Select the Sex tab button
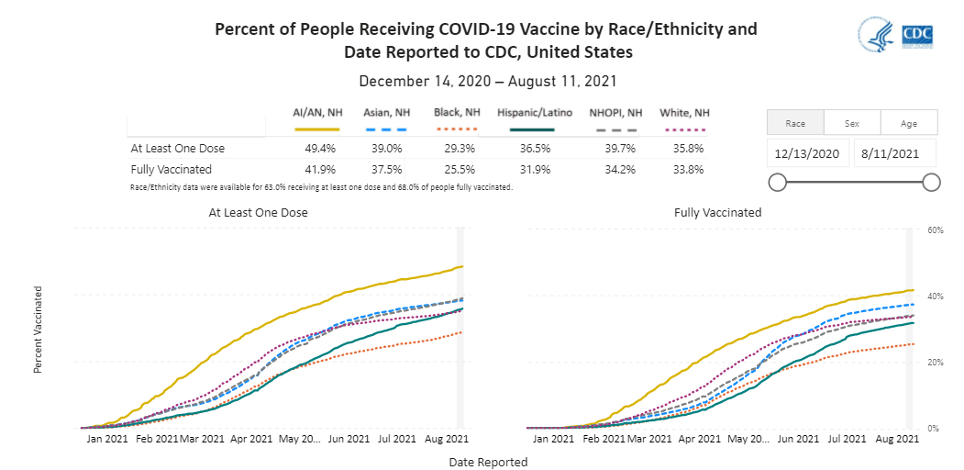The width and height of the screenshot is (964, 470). [852, 122]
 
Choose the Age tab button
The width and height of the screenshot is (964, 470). [909, 122]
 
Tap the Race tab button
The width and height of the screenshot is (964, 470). [795, 122]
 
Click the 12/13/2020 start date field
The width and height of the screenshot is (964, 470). [808, 152]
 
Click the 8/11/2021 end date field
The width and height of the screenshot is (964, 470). [894, 152]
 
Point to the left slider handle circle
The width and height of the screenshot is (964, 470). [777, 182]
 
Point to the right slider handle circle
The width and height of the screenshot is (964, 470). [931, 182]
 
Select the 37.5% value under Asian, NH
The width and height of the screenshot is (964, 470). [386, 169]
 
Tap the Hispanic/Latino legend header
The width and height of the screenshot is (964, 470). [535, 113]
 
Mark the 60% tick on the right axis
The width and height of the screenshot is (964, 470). [935, 229]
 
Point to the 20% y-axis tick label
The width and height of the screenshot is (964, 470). [935, 363]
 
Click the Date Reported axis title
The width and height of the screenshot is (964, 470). [488, 462]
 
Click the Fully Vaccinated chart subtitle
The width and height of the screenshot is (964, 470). [717, 212]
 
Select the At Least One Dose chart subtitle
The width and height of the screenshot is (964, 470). [258, 212]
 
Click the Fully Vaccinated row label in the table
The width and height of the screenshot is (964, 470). [172, 169]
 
